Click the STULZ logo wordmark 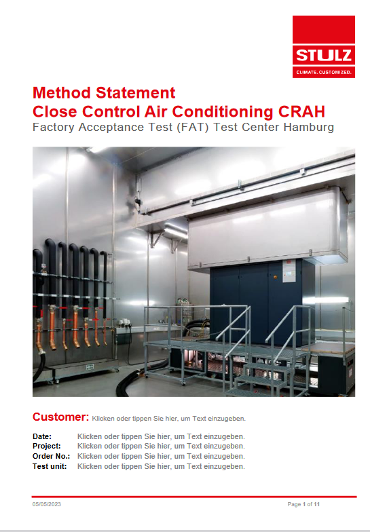coord(323,55)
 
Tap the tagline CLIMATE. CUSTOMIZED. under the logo coord(323,72)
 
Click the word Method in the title coord(61,92)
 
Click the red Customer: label coord(60,417)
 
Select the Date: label coord(42,436)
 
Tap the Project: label coord(46,446)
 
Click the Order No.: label coord(52,456)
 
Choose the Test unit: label coord(50,466)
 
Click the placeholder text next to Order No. coord(161,456)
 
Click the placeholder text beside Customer coord(168,418)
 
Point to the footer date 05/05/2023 coord(46,504)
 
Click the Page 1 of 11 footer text coord(303,504)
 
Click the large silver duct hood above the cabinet coord(268,227)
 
